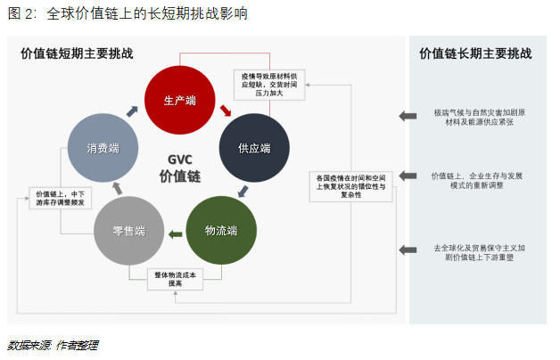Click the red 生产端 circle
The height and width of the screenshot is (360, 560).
[x=179, y=101]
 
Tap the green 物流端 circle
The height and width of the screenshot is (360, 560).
[x=220, y=232]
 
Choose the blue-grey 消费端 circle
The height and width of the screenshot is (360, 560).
[x=103, y=149]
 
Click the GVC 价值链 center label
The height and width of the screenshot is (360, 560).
[x=179, y=168]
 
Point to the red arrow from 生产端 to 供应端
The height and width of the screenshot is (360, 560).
[x=226, y=112]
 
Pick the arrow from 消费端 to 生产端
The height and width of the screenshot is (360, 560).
[x=132, y=110]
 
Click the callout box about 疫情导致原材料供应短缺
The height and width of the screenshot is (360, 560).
[x=270, y=85]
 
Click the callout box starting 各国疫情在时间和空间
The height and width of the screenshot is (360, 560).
[x=351, y=186]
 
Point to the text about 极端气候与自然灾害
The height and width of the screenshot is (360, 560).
[x=478, y=117]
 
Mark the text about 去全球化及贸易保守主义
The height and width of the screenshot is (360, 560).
[x=478, y=252]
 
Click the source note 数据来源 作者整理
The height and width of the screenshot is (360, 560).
[x=53, y=345]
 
